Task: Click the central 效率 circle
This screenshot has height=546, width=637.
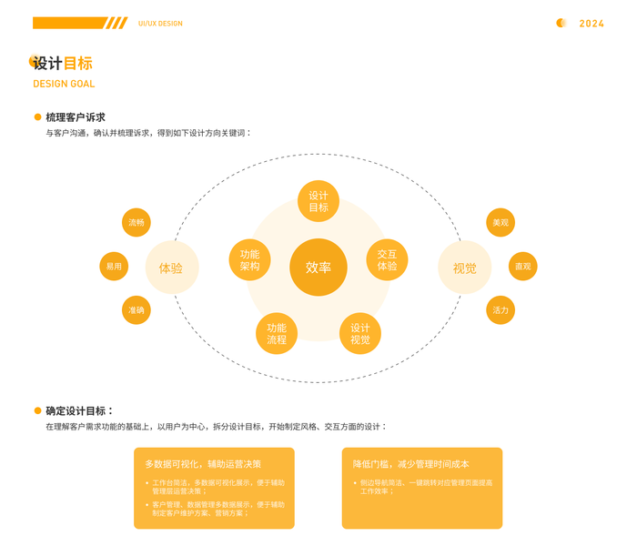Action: (318, 268)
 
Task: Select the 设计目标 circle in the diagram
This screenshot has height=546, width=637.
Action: (318, 201)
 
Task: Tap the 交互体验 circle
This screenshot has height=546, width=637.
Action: (387, 260)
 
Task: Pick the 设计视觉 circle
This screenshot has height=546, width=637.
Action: (360, 334)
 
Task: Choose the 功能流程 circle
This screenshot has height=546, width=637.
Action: (277, 334)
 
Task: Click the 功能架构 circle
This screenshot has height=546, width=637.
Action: (249, 260)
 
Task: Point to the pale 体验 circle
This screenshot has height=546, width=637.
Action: (171, 268)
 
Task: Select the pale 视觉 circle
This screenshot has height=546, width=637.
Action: (464, 268)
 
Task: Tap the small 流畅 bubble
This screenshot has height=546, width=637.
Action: (136, 223)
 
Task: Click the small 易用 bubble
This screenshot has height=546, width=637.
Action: (114, 267)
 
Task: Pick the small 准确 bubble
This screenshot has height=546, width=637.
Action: (136, 310)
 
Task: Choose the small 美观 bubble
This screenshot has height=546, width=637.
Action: (500, 223)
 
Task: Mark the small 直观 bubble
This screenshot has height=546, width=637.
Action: (523, 267)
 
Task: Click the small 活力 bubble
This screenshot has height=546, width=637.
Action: (500, 310)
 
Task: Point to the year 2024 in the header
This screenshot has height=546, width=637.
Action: (591, 24)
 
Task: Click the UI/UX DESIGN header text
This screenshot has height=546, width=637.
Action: (160, 24)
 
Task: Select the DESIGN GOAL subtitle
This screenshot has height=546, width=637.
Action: (64, 84)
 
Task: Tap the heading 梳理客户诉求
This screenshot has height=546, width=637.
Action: (76, 117)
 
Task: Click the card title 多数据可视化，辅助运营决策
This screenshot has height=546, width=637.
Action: (203, 463)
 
